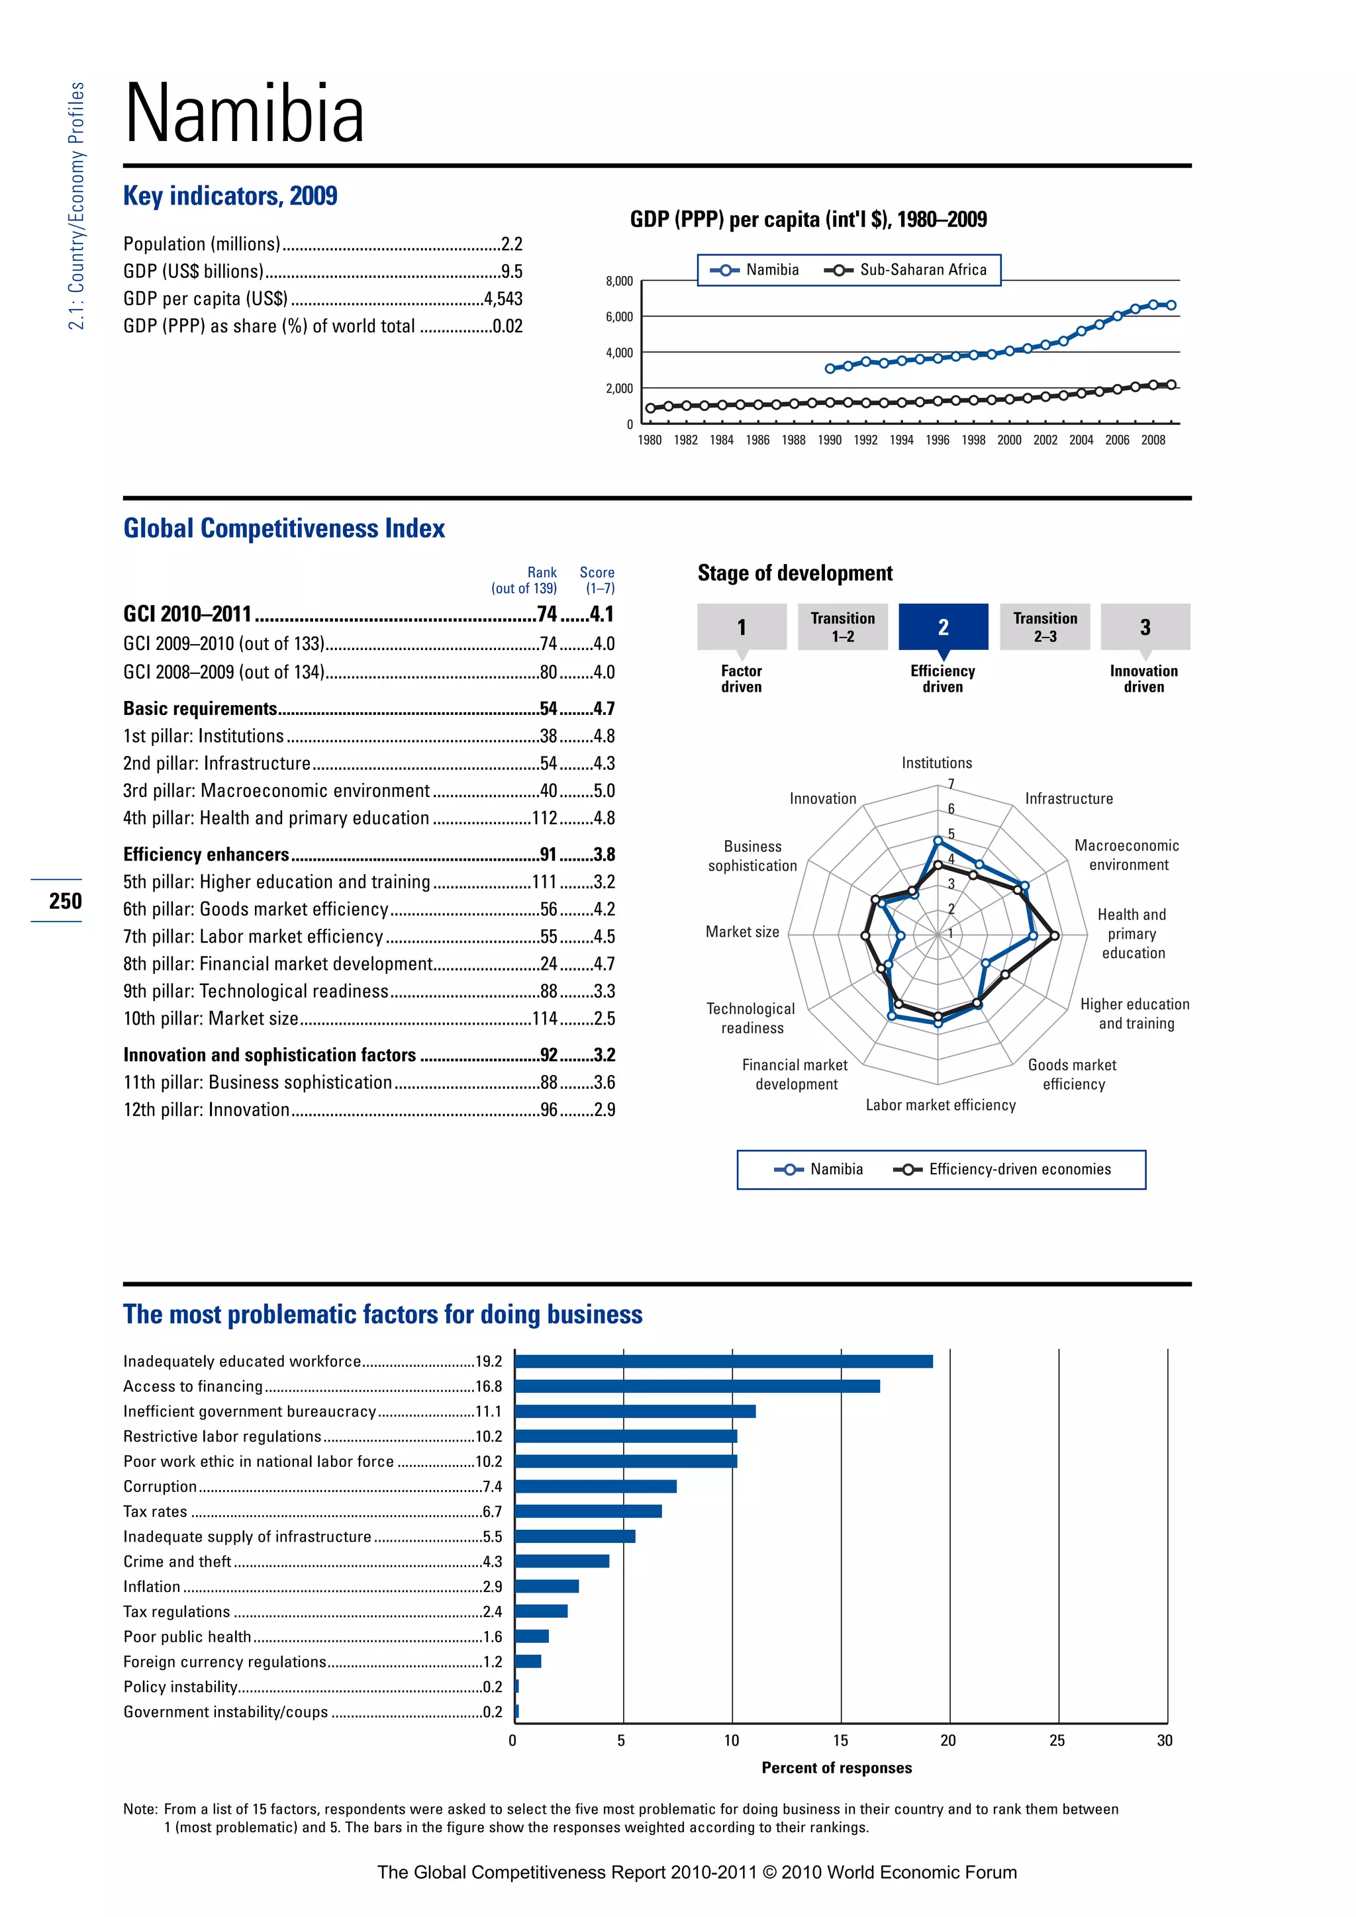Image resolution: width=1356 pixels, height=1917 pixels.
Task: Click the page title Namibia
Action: [x=244, y=114]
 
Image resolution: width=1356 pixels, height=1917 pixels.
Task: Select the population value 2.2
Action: [x=511, y=244]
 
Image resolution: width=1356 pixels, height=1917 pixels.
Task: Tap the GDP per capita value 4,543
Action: [x=503, y=299]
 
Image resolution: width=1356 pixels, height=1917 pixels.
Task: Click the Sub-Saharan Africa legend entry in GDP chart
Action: [x=906, y=269]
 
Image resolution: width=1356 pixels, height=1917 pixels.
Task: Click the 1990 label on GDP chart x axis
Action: [x=829, y=440]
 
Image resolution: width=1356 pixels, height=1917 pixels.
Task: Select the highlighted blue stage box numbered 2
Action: [x=943, y=627]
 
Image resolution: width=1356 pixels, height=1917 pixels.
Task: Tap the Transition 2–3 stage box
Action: [x=1045, y=627]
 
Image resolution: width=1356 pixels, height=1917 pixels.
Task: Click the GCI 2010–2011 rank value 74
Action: [x=547, y=614]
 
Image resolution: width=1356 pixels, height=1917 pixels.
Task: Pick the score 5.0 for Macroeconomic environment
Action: [x=604, y=790]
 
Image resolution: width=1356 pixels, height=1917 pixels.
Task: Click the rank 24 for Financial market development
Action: [x=549, y=964]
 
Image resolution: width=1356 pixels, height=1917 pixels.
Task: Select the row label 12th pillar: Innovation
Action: [x=206, y=1109]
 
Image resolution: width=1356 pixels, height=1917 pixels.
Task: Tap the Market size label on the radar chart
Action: [x=742, y=932]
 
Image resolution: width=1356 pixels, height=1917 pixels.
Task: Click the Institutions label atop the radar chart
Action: [x=936, y=763]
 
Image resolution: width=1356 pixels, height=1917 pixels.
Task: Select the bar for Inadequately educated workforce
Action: [x=723, y=1362]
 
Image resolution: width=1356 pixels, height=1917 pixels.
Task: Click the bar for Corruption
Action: [x=595, y=1486]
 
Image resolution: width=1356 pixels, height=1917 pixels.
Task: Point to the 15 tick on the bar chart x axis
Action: [x=840, y=1740]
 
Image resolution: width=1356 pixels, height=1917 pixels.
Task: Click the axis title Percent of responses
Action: [x=837, y=1767]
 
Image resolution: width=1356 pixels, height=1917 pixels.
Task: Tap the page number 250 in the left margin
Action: [x=65, y=901]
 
